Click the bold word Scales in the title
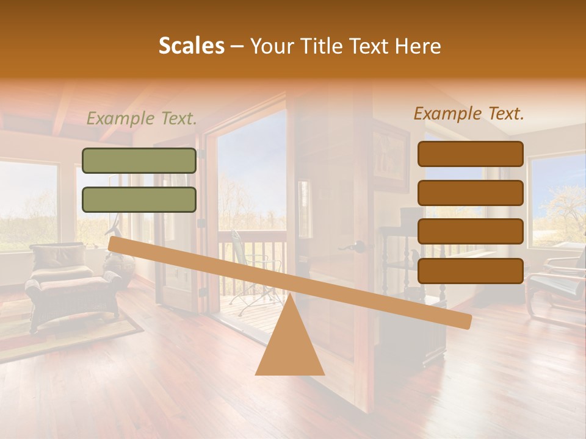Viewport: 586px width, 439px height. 191,46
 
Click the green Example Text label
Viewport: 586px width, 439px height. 142,118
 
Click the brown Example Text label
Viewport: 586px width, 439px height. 469,113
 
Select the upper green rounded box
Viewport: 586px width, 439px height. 139,160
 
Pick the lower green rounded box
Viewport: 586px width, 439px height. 139,199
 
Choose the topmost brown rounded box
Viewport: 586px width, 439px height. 470,154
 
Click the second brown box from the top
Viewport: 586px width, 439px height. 470,193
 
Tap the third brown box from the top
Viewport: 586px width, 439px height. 470,232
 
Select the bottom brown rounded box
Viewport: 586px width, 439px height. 470,271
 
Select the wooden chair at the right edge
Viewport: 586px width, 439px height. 559,284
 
